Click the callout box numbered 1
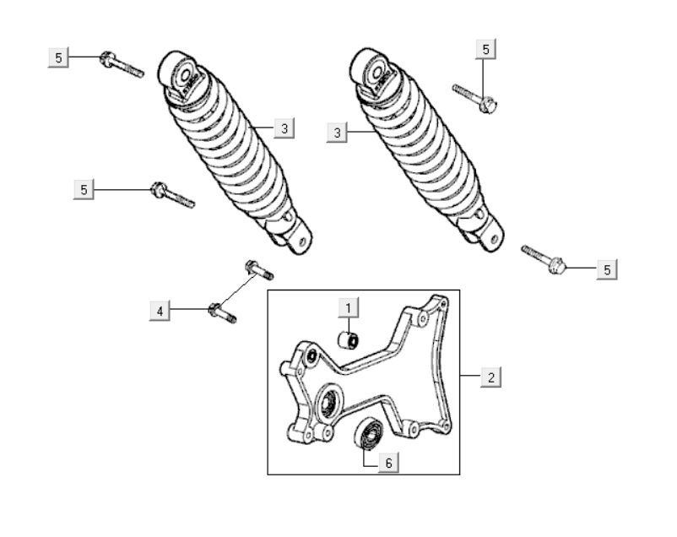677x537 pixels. coord(348,308)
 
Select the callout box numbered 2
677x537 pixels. coord(491,377)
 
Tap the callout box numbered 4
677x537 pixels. coord(160,311)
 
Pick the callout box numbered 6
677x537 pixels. coord(388,463)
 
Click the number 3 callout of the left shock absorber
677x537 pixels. coord(284,128)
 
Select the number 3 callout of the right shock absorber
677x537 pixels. coord(337,133)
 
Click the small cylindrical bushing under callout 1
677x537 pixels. coord(348,340)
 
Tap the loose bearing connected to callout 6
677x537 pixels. coord(368,433)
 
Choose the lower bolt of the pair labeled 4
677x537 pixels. coord(222,313)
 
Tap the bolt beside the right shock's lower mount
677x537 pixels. coord(543,259)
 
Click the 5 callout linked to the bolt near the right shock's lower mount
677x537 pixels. coord(607,269)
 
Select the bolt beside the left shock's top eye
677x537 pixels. coord(122,65)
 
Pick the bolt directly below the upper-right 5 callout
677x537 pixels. coord(475,99)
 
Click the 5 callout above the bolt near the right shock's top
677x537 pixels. coord(485,49)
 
